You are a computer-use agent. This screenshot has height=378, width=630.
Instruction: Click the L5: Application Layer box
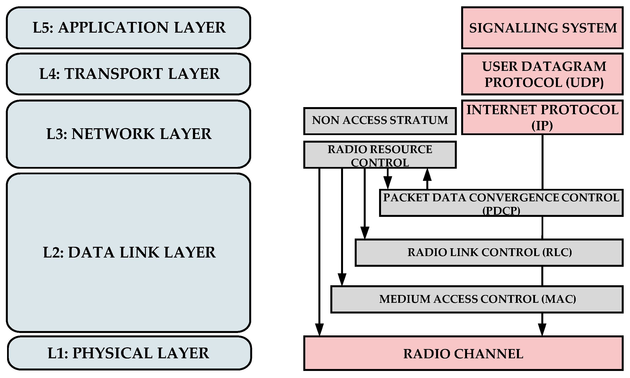pos(128,28)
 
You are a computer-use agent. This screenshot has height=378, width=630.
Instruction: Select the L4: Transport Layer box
pos(128,74)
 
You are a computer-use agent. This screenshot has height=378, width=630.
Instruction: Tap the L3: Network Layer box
pos(128,134)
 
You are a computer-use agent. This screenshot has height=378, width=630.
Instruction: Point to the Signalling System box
pos(542,28)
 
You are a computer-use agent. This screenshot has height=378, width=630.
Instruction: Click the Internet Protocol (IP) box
pos(542,117)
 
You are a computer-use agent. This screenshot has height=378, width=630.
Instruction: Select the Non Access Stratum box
pos(380,121)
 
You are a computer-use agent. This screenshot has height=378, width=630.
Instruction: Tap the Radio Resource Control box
pos(380,155)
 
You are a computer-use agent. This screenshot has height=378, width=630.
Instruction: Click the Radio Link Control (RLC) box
pos(489,252)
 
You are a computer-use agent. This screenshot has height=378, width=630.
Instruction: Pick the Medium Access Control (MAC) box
pos(477,299)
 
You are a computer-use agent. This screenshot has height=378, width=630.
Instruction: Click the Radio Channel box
pos(463,353)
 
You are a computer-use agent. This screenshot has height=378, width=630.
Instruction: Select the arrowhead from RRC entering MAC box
pos(342,280)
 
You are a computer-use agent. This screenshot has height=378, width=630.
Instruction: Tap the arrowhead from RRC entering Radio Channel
pos(319,330)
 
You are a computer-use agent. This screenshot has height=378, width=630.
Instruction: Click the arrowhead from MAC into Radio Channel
pos(542,330)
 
